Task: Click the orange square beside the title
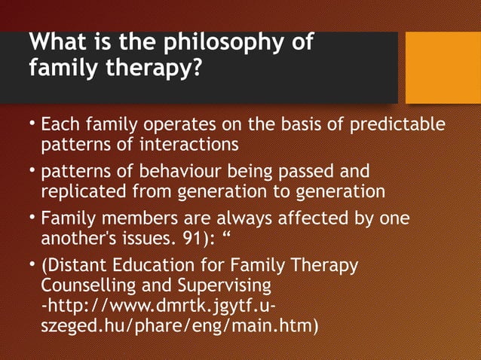pyautogui.click(x=443, y=67)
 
